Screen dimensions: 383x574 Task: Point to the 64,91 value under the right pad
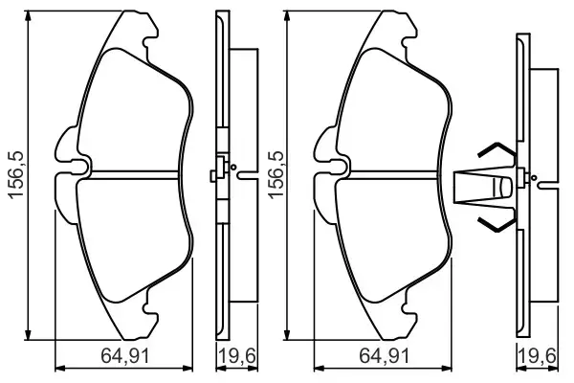tap(383, 357)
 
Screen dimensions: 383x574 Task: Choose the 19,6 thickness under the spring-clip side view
tap(541, 357)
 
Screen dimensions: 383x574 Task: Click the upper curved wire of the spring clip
tap(496, 150)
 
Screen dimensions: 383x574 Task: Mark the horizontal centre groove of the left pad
tap(134, 175)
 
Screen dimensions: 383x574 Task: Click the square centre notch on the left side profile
tap(216, 175)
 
